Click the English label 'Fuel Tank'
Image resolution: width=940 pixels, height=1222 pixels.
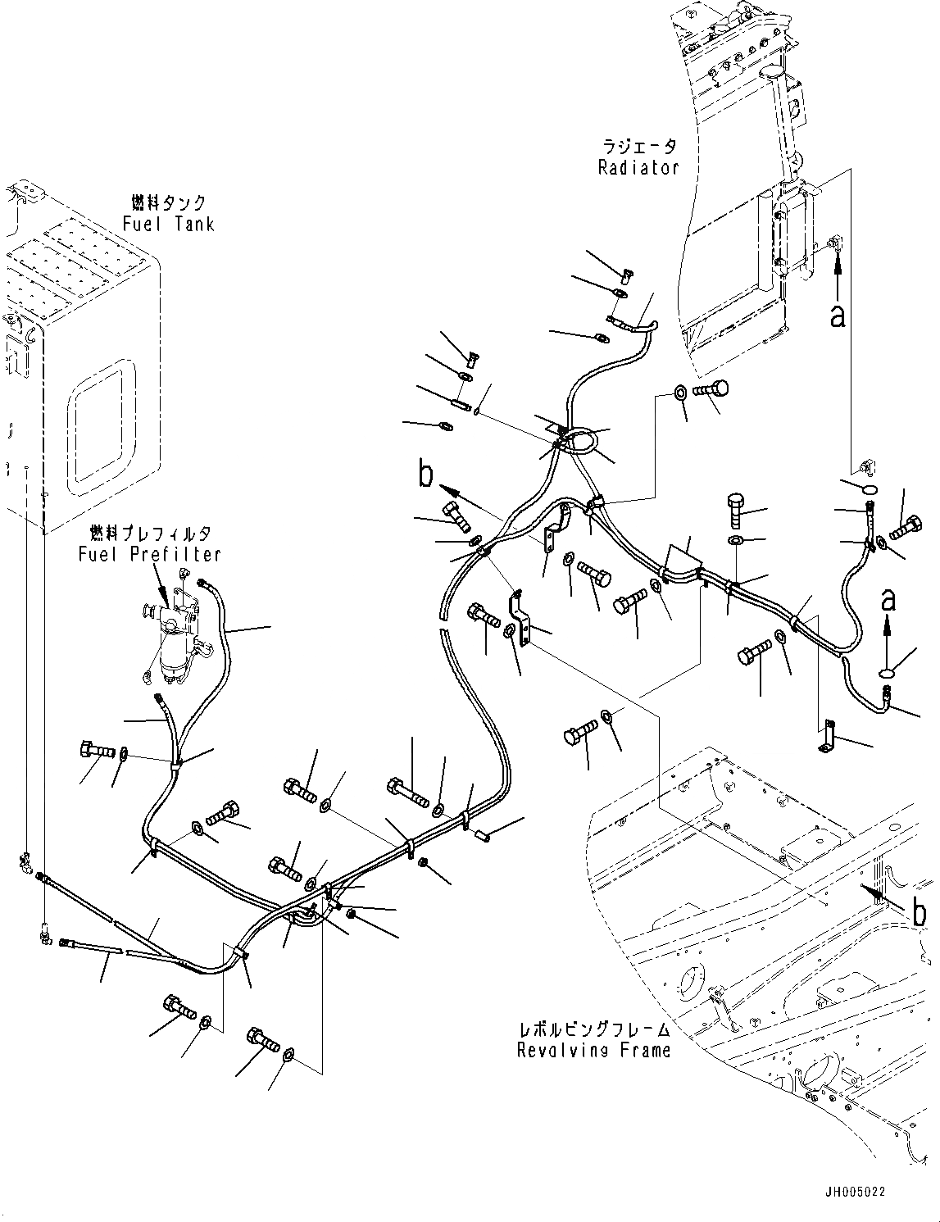[168, 224]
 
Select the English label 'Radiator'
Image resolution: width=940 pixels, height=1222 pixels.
[638, 167]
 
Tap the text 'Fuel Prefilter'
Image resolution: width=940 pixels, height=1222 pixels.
[150, 554]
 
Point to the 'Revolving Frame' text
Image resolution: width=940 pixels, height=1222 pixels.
[593, 1050]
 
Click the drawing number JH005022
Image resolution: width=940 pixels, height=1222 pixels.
[856, 1192]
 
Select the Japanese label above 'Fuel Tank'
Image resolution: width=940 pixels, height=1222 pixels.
[168, 202]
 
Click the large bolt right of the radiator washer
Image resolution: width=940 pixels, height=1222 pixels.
[711, 390]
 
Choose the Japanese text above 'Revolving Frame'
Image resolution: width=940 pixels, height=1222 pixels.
[593, 1029]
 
